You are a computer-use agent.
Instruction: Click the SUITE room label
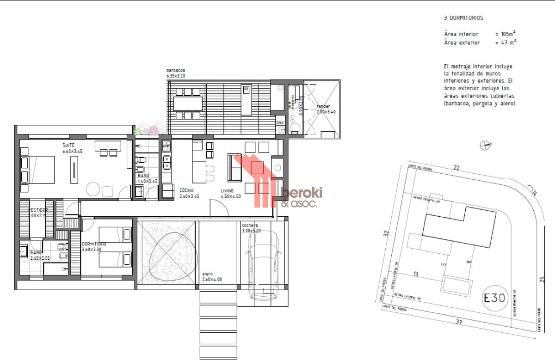(x=68, y=145)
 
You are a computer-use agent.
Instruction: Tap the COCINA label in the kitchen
(x=186, y=190)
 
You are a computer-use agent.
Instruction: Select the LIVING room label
(x=227, y=190)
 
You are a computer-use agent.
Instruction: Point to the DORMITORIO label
(x=94, y=244)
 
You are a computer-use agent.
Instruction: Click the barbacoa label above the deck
(x=176, y=71)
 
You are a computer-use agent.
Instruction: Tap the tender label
(x=323, y=106)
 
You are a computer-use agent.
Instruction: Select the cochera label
(x=250, y=226)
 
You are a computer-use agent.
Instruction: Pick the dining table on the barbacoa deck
(x=188, y=104)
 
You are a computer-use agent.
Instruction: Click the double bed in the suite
(x=38, y=170)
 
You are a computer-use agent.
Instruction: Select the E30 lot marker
(x=495, y=298)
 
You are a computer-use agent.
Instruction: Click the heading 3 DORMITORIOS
(x=463, y=18)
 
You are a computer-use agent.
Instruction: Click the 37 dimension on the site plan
(x=458, y=322)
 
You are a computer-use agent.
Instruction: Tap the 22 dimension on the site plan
(x=457, y=168)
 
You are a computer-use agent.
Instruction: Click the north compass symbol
(x=484, y=145)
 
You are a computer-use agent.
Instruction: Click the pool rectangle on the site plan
(x=457, y=285)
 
